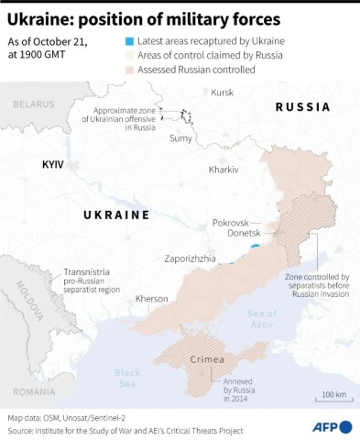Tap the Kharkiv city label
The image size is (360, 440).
point(224,170)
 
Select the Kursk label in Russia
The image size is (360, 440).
point(223,93)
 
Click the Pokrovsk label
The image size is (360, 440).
point(231,223)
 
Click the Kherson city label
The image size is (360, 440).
point(152,299)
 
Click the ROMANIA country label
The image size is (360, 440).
point(35,391)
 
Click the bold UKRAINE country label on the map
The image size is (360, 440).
point(116,214)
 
